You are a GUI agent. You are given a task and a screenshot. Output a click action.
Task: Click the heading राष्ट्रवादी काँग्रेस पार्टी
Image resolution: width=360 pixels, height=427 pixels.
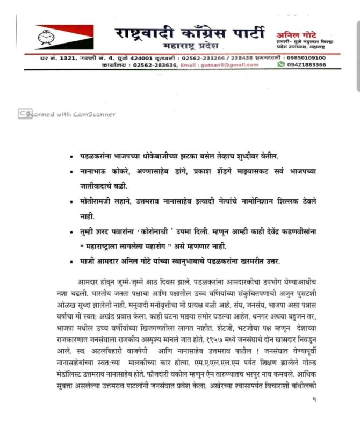point(189,32)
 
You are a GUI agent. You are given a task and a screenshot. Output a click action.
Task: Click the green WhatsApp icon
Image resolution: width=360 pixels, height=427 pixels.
point(281,64)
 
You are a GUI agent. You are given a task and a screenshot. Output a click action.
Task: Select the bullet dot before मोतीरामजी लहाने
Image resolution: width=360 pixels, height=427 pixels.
point(71,202)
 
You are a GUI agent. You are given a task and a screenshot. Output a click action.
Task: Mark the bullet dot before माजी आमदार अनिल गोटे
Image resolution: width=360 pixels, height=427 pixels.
point(71,262)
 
